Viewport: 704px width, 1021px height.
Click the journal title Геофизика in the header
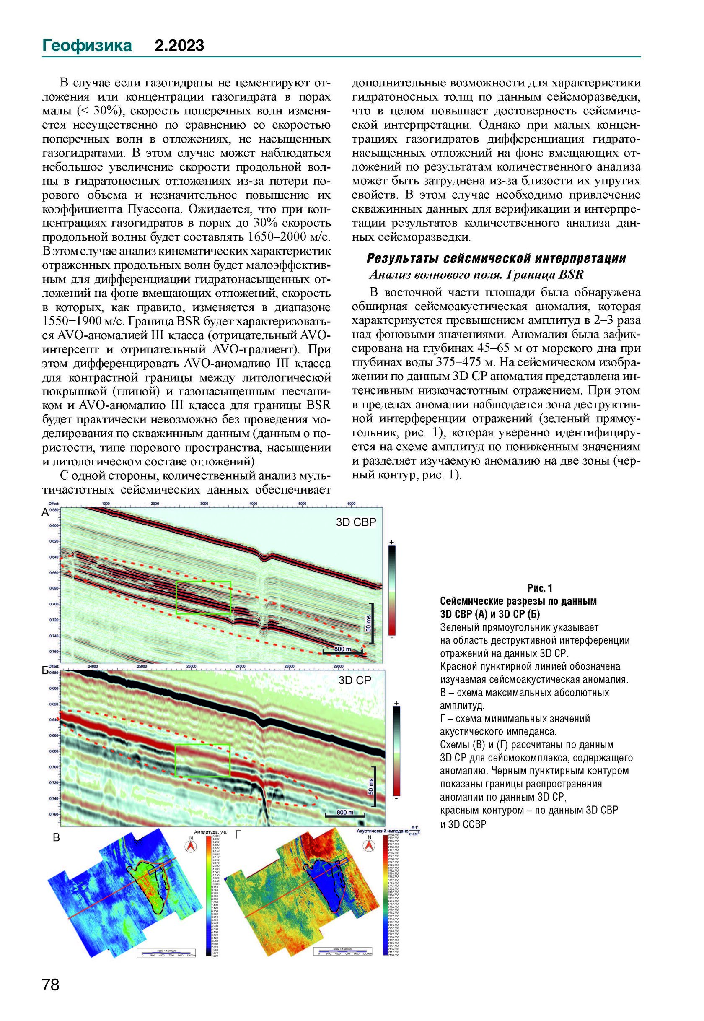click(x=87, y=45)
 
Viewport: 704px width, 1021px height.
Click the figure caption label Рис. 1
click(x=539, y=588)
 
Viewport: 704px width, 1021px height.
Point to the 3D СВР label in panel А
click(x=356, y=522)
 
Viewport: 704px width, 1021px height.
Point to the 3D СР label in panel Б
click(x=355, y=680)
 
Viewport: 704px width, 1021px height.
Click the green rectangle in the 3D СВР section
click(x=203, y=598)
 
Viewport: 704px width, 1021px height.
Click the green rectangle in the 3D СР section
click(x=203, y=760)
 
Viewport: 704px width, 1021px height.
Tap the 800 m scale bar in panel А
click(x=343, y=649)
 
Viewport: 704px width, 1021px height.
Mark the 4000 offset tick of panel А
click(x=253, y=504)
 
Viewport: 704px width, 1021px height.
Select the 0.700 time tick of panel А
click(x=54, y=604)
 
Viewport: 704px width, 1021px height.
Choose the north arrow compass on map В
click(x=191, y=845)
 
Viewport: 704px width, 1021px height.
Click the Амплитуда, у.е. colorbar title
click(x=210, y=832)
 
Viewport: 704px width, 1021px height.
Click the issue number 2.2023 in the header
click(x=179, y=45)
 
